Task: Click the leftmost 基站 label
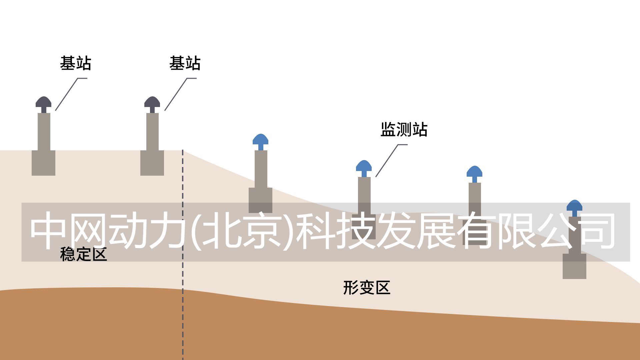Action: (x=75, y=63)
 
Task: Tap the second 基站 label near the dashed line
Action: (x=185, y=63)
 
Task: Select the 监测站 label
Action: (x=404, y=129)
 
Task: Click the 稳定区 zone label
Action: (x=83, y=254)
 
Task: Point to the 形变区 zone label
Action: (x=367, y=288)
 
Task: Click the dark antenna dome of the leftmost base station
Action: (x=44, y=102)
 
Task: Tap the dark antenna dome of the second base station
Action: (x=152, y=102)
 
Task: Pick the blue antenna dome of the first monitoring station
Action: (x=261, y=139)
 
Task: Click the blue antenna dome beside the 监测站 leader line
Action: (x=364, y=166)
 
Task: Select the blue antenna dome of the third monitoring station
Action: (x=474, y=171)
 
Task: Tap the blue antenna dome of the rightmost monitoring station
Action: (x=574, y=205)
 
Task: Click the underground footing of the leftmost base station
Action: (x=43, y=163)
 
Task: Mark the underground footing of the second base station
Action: (x=152, y=163)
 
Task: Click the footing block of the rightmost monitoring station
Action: (x=574, y=267)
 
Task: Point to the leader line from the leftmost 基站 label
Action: (x=67, y=94)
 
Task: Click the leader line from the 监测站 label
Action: (x=387, y=160)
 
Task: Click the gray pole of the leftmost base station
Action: (x=44, y=132)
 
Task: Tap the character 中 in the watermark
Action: (x=47, y=230)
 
